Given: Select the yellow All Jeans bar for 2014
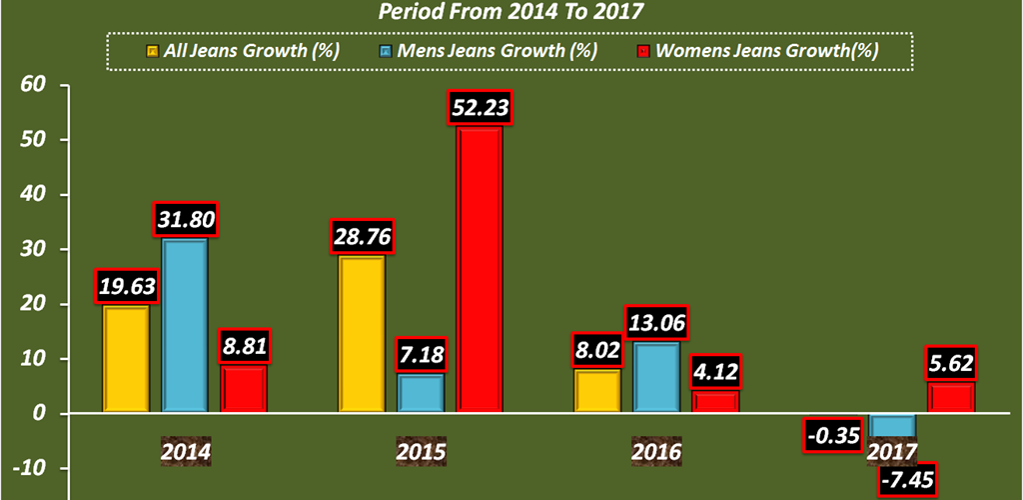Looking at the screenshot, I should pos(126,359).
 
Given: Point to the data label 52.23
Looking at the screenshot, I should pos(480,107).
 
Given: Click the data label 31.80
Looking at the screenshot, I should pos(184,219).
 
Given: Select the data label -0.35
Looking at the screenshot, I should pos(833,436).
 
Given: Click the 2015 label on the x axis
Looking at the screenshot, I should pos(421,452).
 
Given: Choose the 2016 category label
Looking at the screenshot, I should pos(656,452).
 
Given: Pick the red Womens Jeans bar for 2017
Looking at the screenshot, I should pos(951,397).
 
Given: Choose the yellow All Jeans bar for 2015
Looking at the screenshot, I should pos(362,335).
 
